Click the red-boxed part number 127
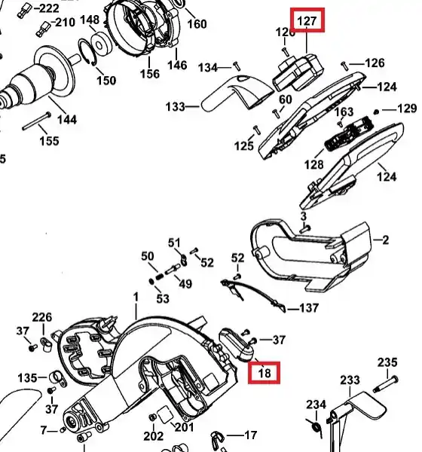point(307,21)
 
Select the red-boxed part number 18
point(265,374)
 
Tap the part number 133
point(175,107)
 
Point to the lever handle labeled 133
point(237,93)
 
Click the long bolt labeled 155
point(37,121)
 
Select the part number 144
point(67,119)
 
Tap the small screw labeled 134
point(237,66)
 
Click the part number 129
point(407,108)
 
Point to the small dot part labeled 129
point(376,111)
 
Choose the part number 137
point(309,308)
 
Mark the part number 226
point(42,317)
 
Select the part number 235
point(387,362)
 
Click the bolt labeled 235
point(386,384)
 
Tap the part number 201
point(185,427)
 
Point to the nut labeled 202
point(152,417)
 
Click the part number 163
point(344,111)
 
